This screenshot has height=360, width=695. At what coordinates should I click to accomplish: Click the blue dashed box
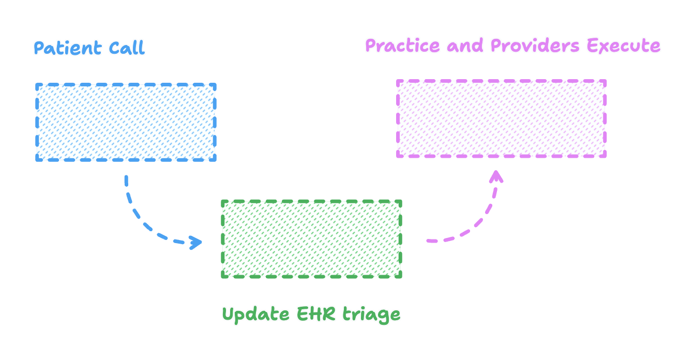pyautogui.click(x=126, y=122)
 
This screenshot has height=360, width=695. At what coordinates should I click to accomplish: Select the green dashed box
pyautogui.click(x=311, y=239)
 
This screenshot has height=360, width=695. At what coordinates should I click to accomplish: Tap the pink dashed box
pyautogui.click(x=501, y=118)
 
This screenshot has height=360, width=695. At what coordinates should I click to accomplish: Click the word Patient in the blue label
pyautogui.click(x=68, y=48)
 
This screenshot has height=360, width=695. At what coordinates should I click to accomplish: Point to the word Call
pyautogui.click(x=127, y=48)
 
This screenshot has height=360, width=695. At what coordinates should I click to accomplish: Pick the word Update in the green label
pyautogui.click(x=256, y=314)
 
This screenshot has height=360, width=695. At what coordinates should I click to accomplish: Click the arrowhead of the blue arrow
pyautogui.click(x=197, y=242)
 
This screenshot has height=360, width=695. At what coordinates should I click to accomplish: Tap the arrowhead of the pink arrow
pyautogui.click(x=496, y=176)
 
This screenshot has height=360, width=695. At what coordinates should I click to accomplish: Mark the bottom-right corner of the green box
pyautogui.click(x=400, y=277)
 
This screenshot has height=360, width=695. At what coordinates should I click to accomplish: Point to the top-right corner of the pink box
pyautogui.click(x=605, y=81)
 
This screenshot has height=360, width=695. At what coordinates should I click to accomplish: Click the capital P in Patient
pyautogui.click(x=39, y=48)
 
